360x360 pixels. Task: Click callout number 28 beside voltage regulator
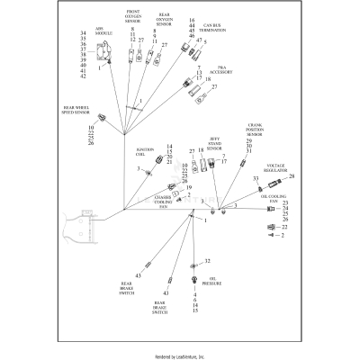pos(292,176)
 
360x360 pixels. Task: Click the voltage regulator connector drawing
pos(268,179)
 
